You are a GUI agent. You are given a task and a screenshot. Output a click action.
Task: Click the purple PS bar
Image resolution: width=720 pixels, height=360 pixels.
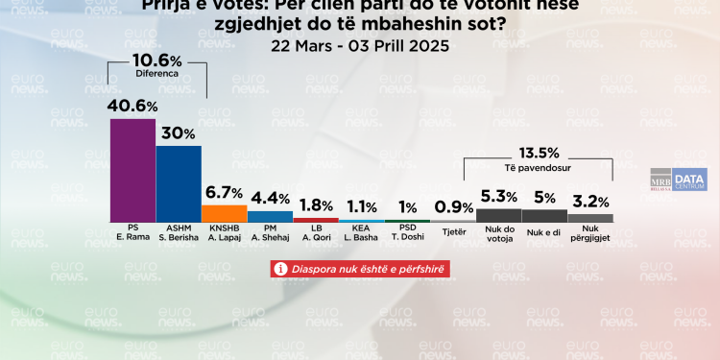pyautogui.click(x=133, y=171)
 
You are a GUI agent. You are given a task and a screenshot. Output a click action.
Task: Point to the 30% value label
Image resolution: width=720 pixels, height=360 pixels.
pyautogui.click(x=179, y=133)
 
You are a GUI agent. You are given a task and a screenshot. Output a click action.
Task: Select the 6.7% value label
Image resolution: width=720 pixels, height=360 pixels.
pyautogui.click(x=225, y=193)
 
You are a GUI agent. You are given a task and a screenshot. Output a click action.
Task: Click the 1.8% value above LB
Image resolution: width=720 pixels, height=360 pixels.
pyautogui.click(x=315, y=205)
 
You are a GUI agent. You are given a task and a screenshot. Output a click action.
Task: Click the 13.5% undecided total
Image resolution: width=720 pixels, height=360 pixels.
pyautogui.click(x=539, y=152)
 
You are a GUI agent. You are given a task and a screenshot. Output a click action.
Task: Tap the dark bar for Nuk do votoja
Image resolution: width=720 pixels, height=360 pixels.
pyautogui.click(x=498, y=216)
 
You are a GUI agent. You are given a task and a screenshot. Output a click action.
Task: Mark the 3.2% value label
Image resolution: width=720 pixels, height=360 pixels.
pyautogui.click(x=590, y=203)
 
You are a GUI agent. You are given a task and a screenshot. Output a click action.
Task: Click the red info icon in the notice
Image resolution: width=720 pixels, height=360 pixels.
pyautogui.click(x=281, y=270)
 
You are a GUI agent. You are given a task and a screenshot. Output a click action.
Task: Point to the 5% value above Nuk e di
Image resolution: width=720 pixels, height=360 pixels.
pyautogui.click(x=543, y=198)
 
